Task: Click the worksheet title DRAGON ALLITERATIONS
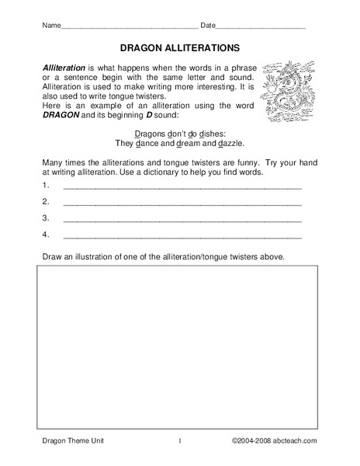pos(179,47)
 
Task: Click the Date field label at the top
pos(209,25)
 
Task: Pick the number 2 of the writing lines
pos(46,202)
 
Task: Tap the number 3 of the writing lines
pos(46,217)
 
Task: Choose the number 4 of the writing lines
pos(46,233)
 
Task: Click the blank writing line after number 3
pos(182,219)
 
